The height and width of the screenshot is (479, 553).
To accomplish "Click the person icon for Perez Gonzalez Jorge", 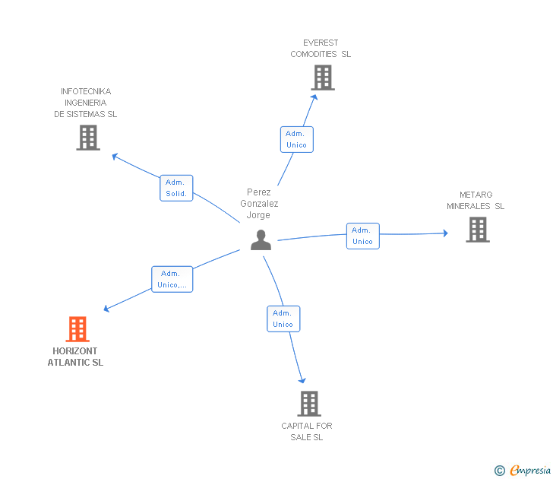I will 261,240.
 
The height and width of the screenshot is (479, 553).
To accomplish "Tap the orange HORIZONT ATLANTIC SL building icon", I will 77,329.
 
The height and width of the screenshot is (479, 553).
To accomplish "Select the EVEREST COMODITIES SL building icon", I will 322,78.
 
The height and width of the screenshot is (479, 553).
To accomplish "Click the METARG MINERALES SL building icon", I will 477,230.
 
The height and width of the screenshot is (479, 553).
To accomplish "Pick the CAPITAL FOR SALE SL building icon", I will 308,404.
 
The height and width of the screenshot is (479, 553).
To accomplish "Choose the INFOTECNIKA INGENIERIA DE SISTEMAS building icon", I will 88,138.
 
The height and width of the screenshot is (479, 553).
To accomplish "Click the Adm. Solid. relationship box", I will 176,188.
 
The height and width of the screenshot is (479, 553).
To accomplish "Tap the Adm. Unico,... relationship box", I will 172,279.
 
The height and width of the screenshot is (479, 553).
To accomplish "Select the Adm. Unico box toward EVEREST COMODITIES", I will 296,139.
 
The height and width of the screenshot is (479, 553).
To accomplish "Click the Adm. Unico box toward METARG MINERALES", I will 362,236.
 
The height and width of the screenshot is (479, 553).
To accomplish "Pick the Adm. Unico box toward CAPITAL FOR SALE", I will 283,319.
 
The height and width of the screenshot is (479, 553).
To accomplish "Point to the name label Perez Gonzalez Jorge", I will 259,204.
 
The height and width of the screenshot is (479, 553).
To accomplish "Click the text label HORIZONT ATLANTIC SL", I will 75,357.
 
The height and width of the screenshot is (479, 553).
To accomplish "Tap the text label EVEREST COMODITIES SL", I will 321,49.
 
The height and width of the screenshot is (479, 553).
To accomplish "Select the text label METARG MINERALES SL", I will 476,201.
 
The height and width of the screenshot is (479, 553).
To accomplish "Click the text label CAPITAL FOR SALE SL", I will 307,431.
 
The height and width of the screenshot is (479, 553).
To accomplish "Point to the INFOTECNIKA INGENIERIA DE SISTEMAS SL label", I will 86,103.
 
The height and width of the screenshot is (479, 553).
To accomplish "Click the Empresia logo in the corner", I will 530,471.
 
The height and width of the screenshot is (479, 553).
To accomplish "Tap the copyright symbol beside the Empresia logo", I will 499,471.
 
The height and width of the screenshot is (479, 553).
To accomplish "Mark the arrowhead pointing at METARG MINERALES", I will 446,233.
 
